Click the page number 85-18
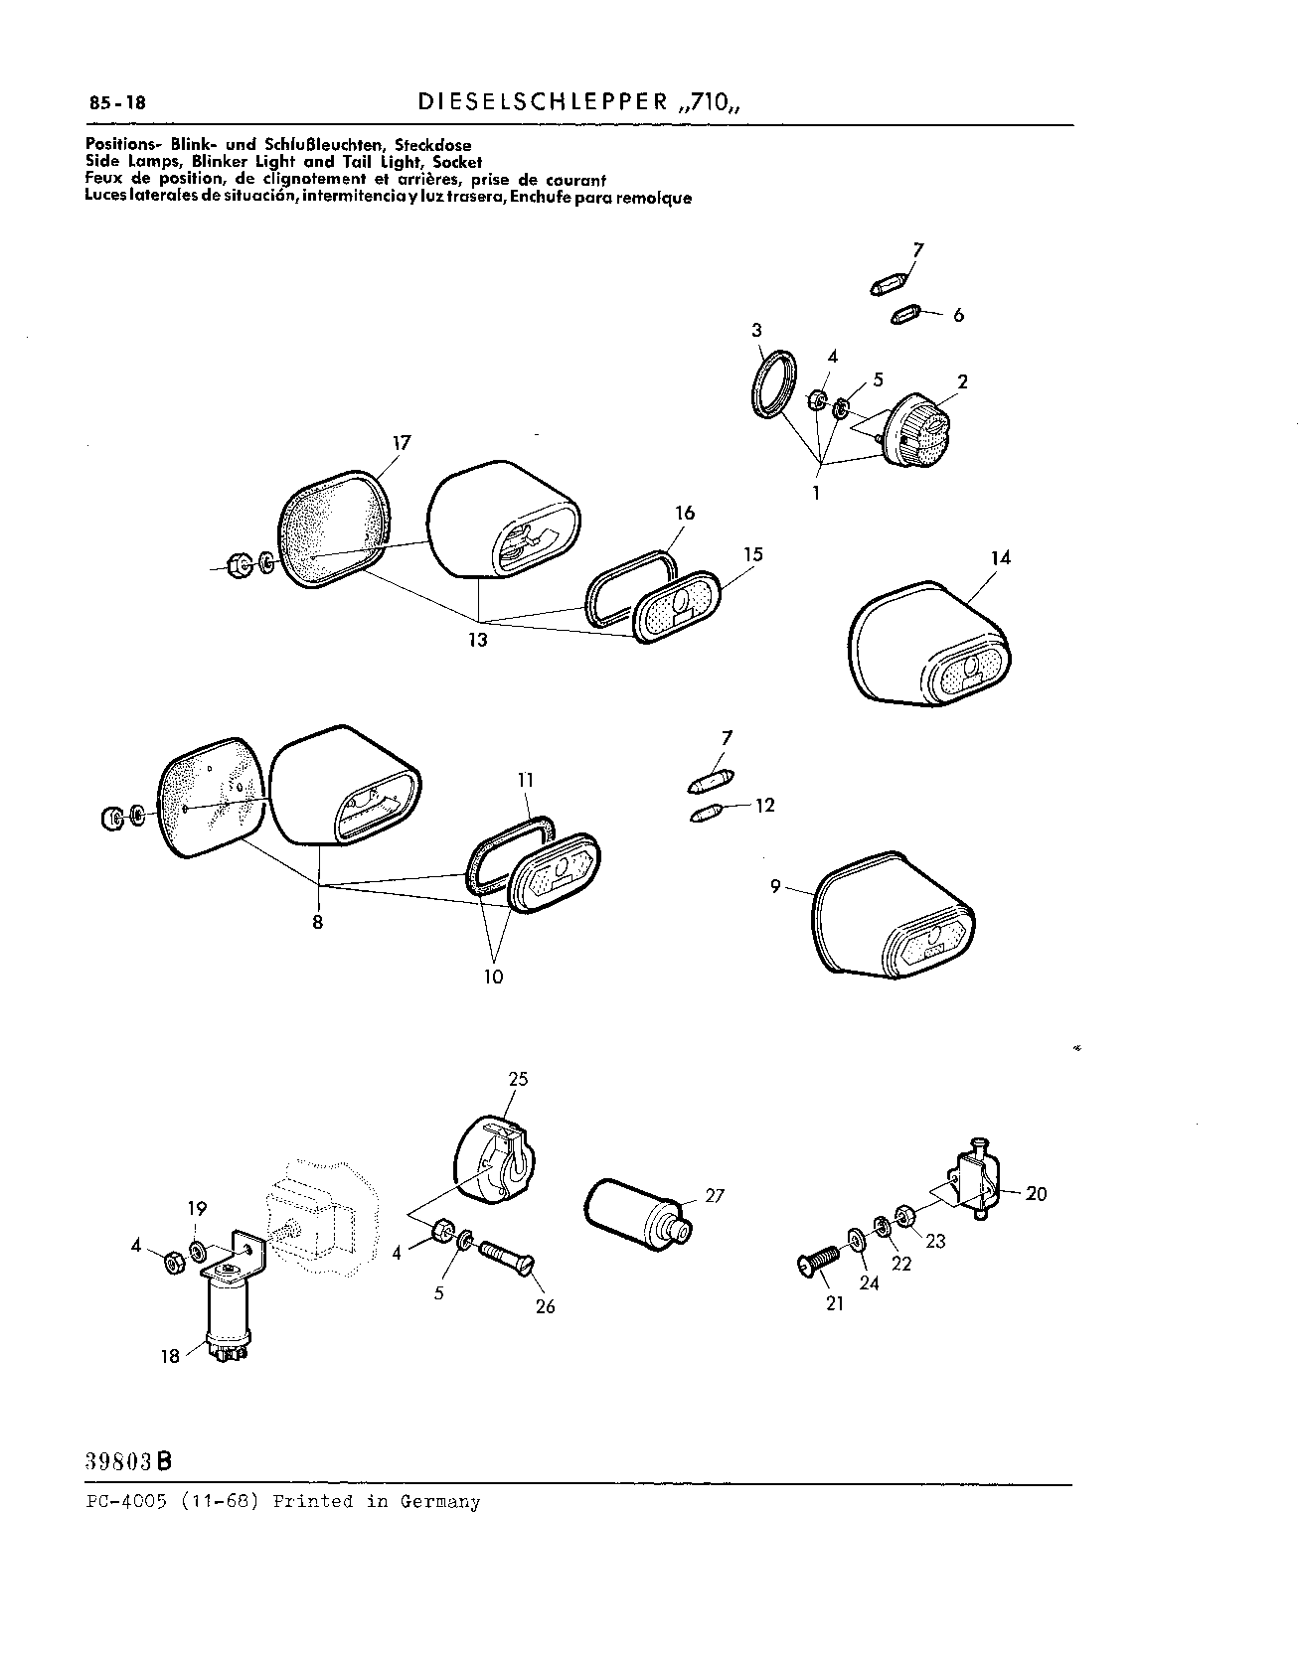[x=117, y=102]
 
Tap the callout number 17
[x=401, y=443]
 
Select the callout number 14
[x=1000, y=557]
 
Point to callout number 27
[x=715, y=1196]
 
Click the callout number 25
[x=518, y=1079]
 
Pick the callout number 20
[x=1036, y=1193]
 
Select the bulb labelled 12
[x=706, y=815]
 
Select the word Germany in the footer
[x=440, y=1502]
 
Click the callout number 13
[x=478, y=641]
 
